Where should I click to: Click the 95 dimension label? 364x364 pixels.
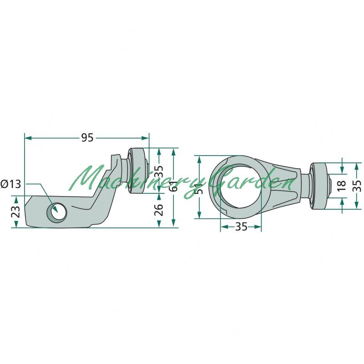click(x=87, y=138)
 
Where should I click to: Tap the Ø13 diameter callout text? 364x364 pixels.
click(x=10, y=184)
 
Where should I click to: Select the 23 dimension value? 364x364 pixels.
click(x=16, y=212)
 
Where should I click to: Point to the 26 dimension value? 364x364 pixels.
click(x=159, y=210)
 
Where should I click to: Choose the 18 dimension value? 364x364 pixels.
click(x=342, y=186)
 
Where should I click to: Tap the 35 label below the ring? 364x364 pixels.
click(x=241, y=226)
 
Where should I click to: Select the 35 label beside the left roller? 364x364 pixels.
click(x=159, y=172)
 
